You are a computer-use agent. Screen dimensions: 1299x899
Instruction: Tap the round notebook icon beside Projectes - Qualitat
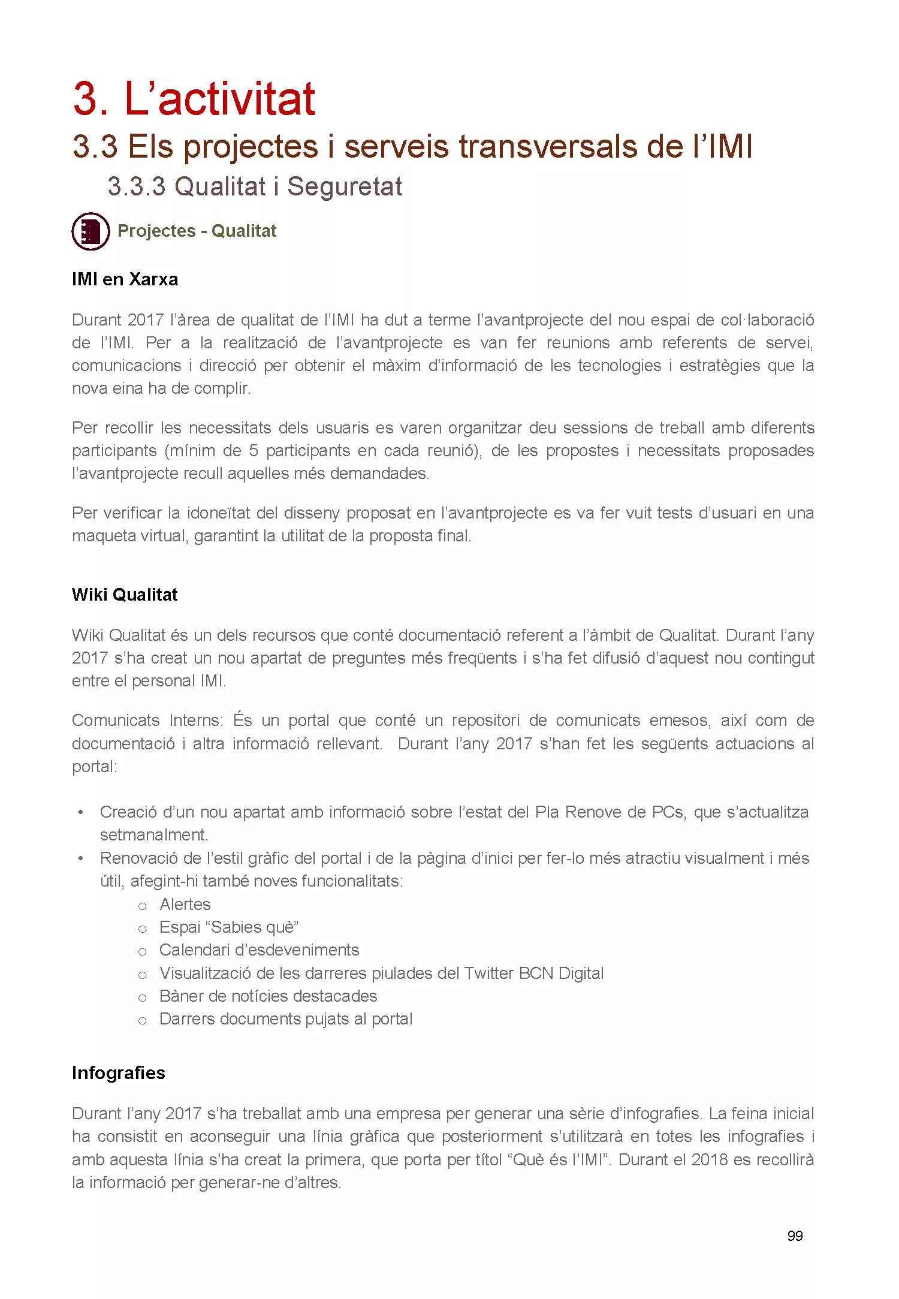pos(90,231)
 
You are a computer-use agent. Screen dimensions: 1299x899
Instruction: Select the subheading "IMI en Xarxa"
pos(125,279)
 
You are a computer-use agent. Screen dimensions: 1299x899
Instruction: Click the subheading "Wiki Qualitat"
pos(125,595)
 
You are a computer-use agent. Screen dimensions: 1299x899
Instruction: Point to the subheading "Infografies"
pos(118,1072)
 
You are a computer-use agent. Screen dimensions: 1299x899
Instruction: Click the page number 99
pos(795,1235)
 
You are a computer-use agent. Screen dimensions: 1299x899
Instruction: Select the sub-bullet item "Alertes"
pos(185,904)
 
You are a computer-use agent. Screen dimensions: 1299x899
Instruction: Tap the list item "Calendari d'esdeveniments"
pos(259,950)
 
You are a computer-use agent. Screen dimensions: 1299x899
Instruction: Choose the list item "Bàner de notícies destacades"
pos(268,996)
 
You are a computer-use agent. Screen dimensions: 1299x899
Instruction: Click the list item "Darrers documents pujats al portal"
pos(286,1018)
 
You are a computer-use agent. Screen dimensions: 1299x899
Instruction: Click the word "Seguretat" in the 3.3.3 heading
pos(345,186)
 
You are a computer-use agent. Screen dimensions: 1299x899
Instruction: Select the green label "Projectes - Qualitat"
pos(197,231)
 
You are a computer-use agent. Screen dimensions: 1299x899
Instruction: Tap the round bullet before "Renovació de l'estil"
pos(80,858)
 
